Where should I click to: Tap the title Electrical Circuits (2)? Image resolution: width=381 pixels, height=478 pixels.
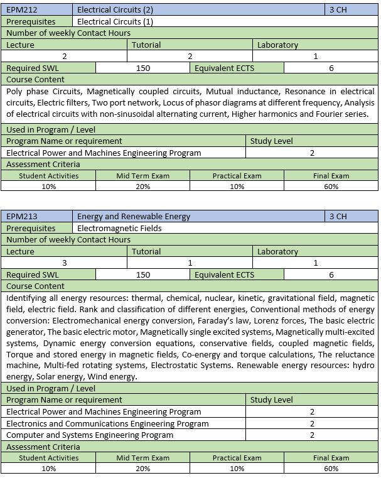tap(115, 10)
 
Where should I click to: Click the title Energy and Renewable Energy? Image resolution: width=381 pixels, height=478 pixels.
tap(134, 217)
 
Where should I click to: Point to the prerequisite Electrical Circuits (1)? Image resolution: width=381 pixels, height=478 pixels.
tap(115, 21)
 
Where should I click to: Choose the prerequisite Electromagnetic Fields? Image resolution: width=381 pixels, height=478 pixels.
tap(119, 228)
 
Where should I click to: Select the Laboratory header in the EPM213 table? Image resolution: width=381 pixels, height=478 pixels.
tap(277, 251)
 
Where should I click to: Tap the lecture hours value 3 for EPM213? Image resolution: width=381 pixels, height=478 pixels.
tap(65, 263)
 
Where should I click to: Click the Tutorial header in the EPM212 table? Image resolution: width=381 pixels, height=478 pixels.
tap(146, 45)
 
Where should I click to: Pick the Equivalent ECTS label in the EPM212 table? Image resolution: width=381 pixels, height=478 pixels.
tap(225, 68)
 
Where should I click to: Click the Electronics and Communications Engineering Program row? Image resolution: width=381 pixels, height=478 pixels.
tap(107, 423)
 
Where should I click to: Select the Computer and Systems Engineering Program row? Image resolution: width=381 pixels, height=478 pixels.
tap(90, 435)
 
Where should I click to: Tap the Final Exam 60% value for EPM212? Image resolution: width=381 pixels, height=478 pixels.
tap(331, 187)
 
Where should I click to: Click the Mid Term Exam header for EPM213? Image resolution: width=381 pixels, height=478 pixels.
tap(142, 458)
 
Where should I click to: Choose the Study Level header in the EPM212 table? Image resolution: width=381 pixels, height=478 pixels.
tap(272, 141)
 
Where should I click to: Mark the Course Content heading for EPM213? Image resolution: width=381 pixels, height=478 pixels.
tap(35, 286)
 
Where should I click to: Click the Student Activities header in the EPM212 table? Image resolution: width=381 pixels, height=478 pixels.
tap(49, 176)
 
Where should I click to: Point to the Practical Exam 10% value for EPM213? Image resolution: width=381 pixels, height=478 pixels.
tap(237, 469)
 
